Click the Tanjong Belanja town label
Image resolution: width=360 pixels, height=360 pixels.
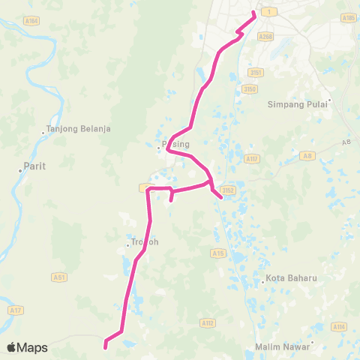tap(79, 128)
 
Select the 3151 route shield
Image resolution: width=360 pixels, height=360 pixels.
tap(256, 73)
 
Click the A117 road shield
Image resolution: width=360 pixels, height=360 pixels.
tap(251, 158)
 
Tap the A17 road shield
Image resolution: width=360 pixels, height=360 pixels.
tap(14, 310)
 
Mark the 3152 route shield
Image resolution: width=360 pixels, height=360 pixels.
tap(229, 190)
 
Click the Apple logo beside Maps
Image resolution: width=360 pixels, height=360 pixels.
tap(12, 347)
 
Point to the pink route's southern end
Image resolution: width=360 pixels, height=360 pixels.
tap(106, 346)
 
